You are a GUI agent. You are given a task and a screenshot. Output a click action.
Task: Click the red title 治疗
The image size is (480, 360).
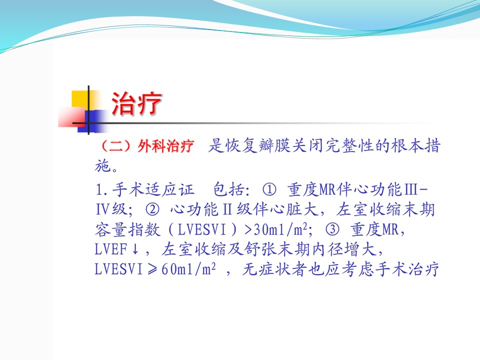coord(136,104)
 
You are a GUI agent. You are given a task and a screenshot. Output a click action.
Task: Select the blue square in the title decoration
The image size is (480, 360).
coord(91,121)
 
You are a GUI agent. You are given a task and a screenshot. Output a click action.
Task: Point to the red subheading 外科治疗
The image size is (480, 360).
coord(165,145)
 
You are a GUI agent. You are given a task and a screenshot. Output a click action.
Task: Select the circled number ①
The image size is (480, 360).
coord(269,190)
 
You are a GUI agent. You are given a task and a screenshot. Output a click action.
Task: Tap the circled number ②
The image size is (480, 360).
coord(152,209)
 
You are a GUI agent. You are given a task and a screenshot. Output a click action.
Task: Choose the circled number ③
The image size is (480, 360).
coord(332,229)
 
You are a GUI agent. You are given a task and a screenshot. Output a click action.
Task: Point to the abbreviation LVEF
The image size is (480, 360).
coord(110,249)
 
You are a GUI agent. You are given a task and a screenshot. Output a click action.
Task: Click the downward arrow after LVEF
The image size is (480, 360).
coord(135,249)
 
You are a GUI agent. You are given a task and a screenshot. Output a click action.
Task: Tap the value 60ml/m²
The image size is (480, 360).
coord(188,269)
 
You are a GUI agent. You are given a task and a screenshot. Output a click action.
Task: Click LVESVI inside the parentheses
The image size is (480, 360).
coord(201,229)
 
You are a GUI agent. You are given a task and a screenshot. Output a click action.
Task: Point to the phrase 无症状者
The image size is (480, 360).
coord(274,269)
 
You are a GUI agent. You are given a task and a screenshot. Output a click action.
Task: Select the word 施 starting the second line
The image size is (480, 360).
coord(102,166)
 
